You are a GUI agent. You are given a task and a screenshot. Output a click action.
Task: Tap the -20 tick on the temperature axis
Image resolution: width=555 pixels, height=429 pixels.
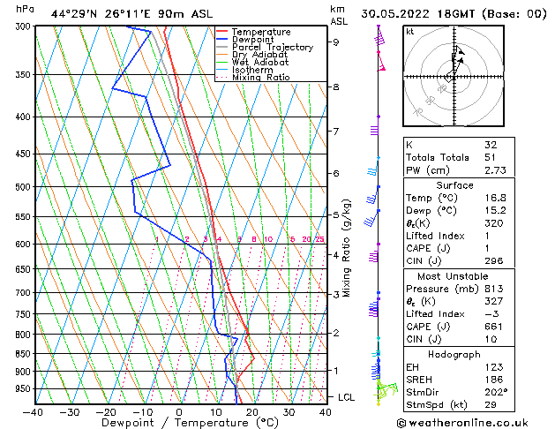pyautogui.click(x=106, y=411)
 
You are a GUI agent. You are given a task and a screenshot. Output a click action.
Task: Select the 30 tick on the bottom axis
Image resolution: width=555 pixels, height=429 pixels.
pyautogui.click(x=289, y=411)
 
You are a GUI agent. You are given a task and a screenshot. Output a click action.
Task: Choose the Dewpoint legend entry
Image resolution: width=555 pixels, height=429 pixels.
pyautogui.click(x=253, y=40)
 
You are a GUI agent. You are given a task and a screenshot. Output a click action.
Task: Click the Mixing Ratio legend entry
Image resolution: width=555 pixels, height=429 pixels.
pyautogui.click(x=261, y=78)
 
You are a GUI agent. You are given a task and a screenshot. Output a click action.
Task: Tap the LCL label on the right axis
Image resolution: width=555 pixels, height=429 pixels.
pyautogui.click(x=346, y=398)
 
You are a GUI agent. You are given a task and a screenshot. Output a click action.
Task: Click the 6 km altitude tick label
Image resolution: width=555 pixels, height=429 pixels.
pyautogui.click(x=336, y=174)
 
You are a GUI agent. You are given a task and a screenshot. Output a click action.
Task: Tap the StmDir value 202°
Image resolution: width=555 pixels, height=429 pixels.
pyautogui.click(x=494, y=391)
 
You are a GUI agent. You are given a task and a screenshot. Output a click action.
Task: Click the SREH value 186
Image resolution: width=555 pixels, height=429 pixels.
pyautogui.click(x=493, y=379)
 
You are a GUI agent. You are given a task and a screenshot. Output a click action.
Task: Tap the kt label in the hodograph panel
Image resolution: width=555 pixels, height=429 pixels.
pyautogui.click(x=410, y=32)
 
